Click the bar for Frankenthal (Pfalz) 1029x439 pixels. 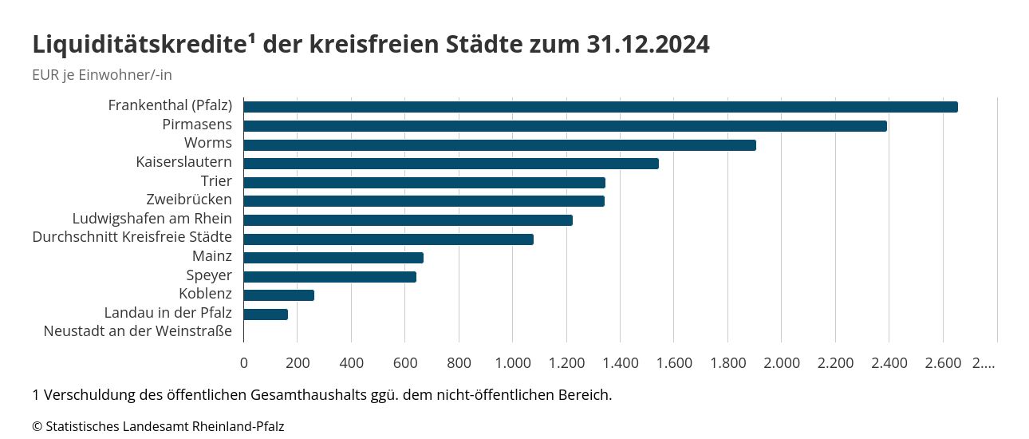coord(600,107)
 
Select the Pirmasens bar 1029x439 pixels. coord(565,126)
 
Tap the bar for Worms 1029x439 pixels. coord(499,145)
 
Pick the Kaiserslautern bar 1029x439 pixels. coord(451,164)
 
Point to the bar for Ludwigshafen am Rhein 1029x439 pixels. coord(408,220)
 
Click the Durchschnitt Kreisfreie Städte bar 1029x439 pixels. coord(388,239)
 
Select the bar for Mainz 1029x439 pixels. coord(333,258)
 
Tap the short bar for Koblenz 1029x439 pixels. coord(278,295)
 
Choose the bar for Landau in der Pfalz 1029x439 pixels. coord(266,314)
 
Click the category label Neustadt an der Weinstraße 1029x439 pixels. coord(138,331)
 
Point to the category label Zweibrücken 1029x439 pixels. coord(189,200)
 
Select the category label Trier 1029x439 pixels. coord(216,181)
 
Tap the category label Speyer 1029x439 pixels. coord(209,275)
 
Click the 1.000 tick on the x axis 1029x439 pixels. coord(513,363)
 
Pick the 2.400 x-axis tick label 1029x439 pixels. coord(889,363)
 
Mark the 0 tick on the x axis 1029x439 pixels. coord(244,363)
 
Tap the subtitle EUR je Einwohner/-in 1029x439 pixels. coord(102,75)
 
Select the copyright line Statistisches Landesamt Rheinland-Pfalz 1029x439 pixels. coord(158,426)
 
